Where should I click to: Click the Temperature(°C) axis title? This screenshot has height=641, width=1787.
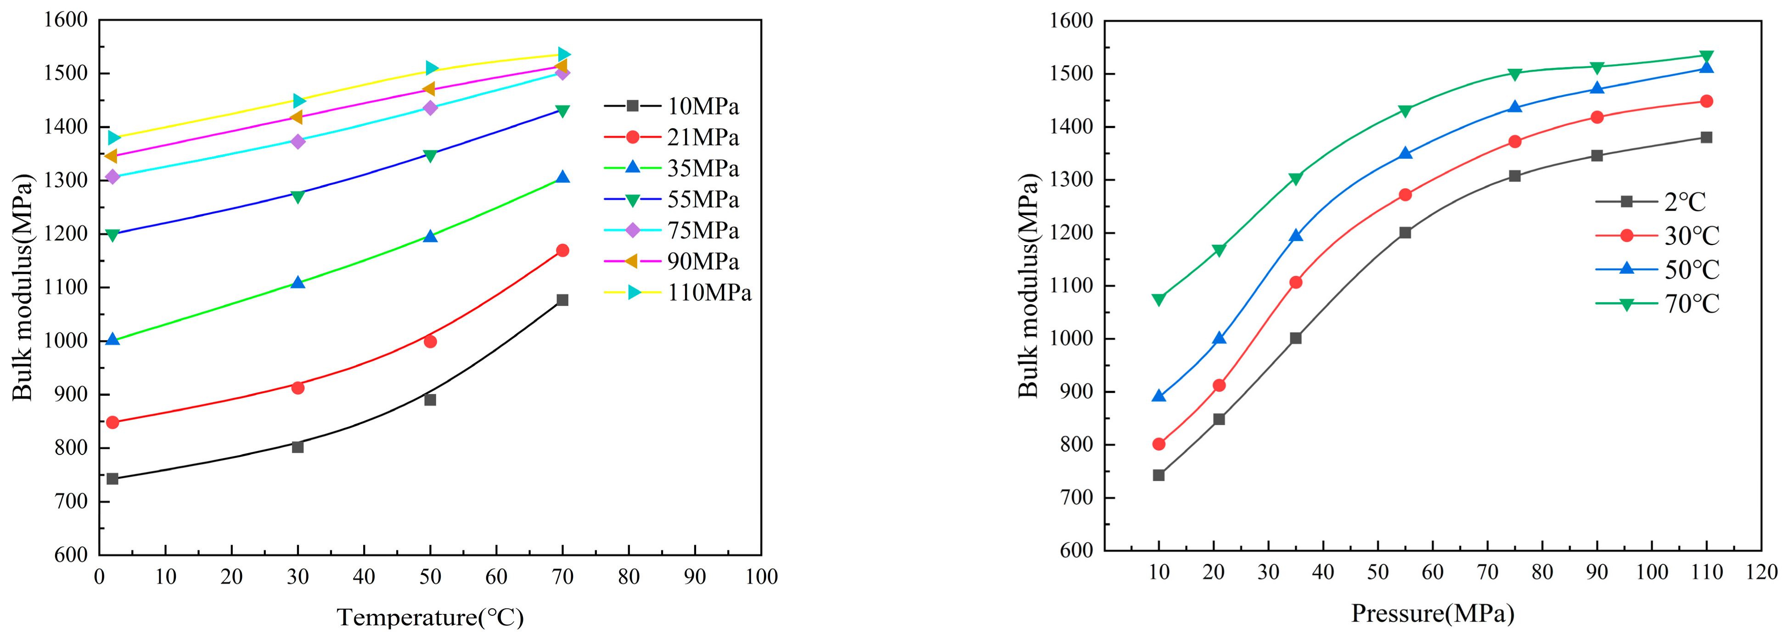pyautogui.click(x=430, y=617)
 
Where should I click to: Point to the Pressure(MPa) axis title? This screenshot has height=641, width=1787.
pyautogui.click(x=1433, y=613)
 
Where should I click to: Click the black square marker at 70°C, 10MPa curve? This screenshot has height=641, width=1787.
pyautogui.click(x=562, y=300)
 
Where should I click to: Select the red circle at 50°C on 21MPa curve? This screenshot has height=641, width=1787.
pyautogui.click(x=430, y=341)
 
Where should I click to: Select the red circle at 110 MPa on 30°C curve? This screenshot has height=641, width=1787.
pyautogui.click(x=1707, y=101)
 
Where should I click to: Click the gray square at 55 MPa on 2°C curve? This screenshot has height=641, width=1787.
pyautogui.click(x=1405, y=232)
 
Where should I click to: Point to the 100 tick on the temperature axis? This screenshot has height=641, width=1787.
pyautogui.click(x=761, y=576)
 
